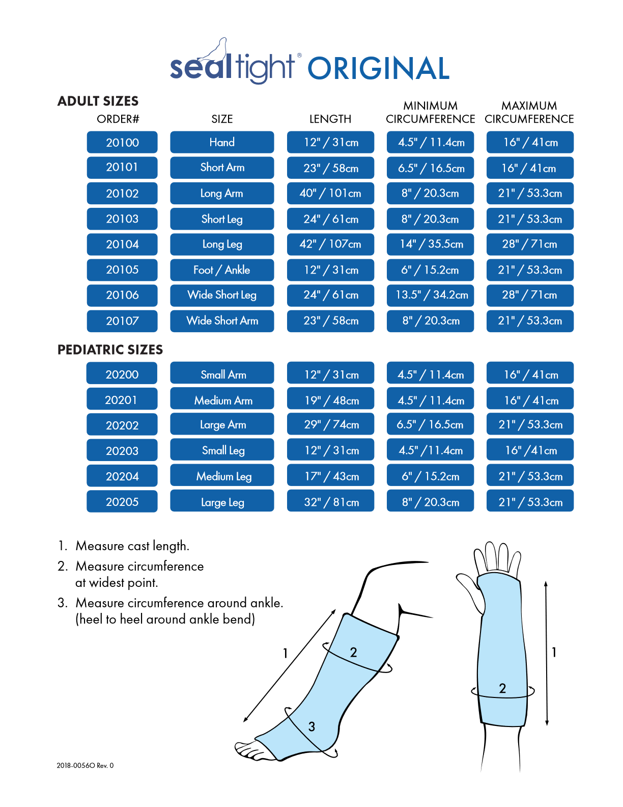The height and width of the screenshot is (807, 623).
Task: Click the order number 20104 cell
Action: coord(122,245)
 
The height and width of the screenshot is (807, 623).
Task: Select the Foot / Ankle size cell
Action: coord(222,270)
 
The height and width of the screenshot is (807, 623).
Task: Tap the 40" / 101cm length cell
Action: coord(330,194)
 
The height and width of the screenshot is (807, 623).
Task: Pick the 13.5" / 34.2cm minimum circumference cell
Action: coord(431,295)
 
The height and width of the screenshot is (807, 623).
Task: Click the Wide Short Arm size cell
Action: coord(222,321)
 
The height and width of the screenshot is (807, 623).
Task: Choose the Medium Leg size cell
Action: coord(222,476)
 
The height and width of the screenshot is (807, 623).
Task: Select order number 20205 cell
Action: coord(122,502)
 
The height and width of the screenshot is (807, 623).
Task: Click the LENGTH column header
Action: coord(330,119)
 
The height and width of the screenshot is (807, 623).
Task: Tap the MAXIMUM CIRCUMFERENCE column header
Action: coord(529,113)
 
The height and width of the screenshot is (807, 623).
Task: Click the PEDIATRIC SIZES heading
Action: coord(110,350)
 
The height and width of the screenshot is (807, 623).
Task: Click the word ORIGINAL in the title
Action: coord(378,69)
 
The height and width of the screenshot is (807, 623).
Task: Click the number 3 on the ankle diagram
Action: coord(311,727)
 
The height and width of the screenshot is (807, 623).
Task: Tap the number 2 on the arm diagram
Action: coord(502,689)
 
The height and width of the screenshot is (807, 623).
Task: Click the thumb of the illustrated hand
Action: coord(471,591)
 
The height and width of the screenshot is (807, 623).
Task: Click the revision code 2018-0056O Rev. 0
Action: coord(85,765)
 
